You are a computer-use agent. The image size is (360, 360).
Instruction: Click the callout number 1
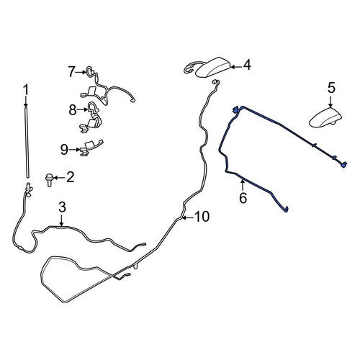coord(25,90)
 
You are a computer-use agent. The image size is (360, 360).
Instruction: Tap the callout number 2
coord(70,177)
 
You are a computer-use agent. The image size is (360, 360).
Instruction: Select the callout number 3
coord(62,207)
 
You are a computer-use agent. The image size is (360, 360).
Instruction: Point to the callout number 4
coord(247,66)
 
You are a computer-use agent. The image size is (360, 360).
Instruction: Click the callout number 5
coord(331,88)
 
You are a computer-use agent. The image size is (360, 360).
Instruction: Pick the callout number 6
coord(243,198)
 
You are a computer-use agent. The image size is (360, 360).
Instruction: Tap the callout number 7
coord(71,72)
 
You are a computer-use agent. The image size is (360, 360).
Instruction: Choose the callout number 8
coord(73,110)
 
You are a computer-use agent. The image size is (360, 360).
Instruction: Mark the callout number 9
coord(64,150)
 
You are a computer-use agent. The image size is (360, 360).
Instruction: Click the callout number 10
coord(202,217)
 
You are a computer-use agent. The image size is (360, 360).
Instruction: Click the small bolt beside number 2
coord(49,180)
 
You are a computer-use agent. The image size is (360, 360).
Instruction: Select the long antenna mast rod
coord(27,143)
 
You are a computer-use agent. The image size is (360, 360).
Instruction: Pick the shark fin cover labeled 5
coord(325,117)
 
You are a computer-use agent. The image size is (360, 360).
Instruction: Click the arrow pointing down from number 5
coord(331,102)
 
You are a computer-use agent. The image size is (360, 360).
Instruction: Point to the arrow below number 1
coord(26,102)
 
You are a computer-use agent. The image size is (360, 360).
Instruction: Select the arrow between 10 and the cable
coord(187,217)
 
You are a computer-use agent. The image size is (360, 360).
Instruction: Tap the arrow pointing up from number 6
coord(243,186)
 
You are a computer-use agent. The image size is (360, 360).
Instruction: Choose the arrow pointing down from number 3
coord(62,220)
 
